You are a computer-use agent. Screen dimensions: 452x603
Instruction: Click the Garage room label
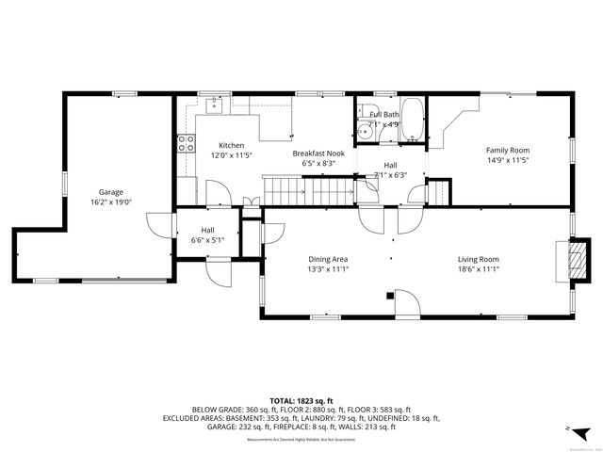click(111, 192)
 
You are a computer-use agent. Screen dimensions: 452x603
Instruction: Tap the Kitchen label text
click(232, 145)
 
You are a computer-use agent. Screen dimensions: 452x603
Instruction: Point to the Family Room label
click(507, 150)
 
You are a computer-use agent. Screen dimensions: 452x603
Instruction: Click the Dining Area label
click(328, 259)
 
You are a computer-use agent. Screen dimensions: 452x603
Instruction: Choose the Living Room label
click(478, 259)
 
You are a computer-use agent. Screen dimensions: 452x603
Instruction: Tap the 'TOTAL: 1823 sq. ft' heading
click(301, 401)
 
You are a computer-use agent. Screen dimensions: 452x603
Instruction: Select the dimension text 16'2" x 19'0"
click(111, 202)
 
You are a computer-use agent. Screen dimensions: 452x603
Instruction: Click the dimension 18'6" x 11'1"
click(478, 269)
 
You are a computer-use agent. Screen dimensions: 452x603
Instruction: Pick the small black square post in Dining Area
click(390, 295)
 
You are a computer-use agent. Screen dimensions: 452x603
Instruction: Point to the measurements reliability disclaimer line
click(301, 440)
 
